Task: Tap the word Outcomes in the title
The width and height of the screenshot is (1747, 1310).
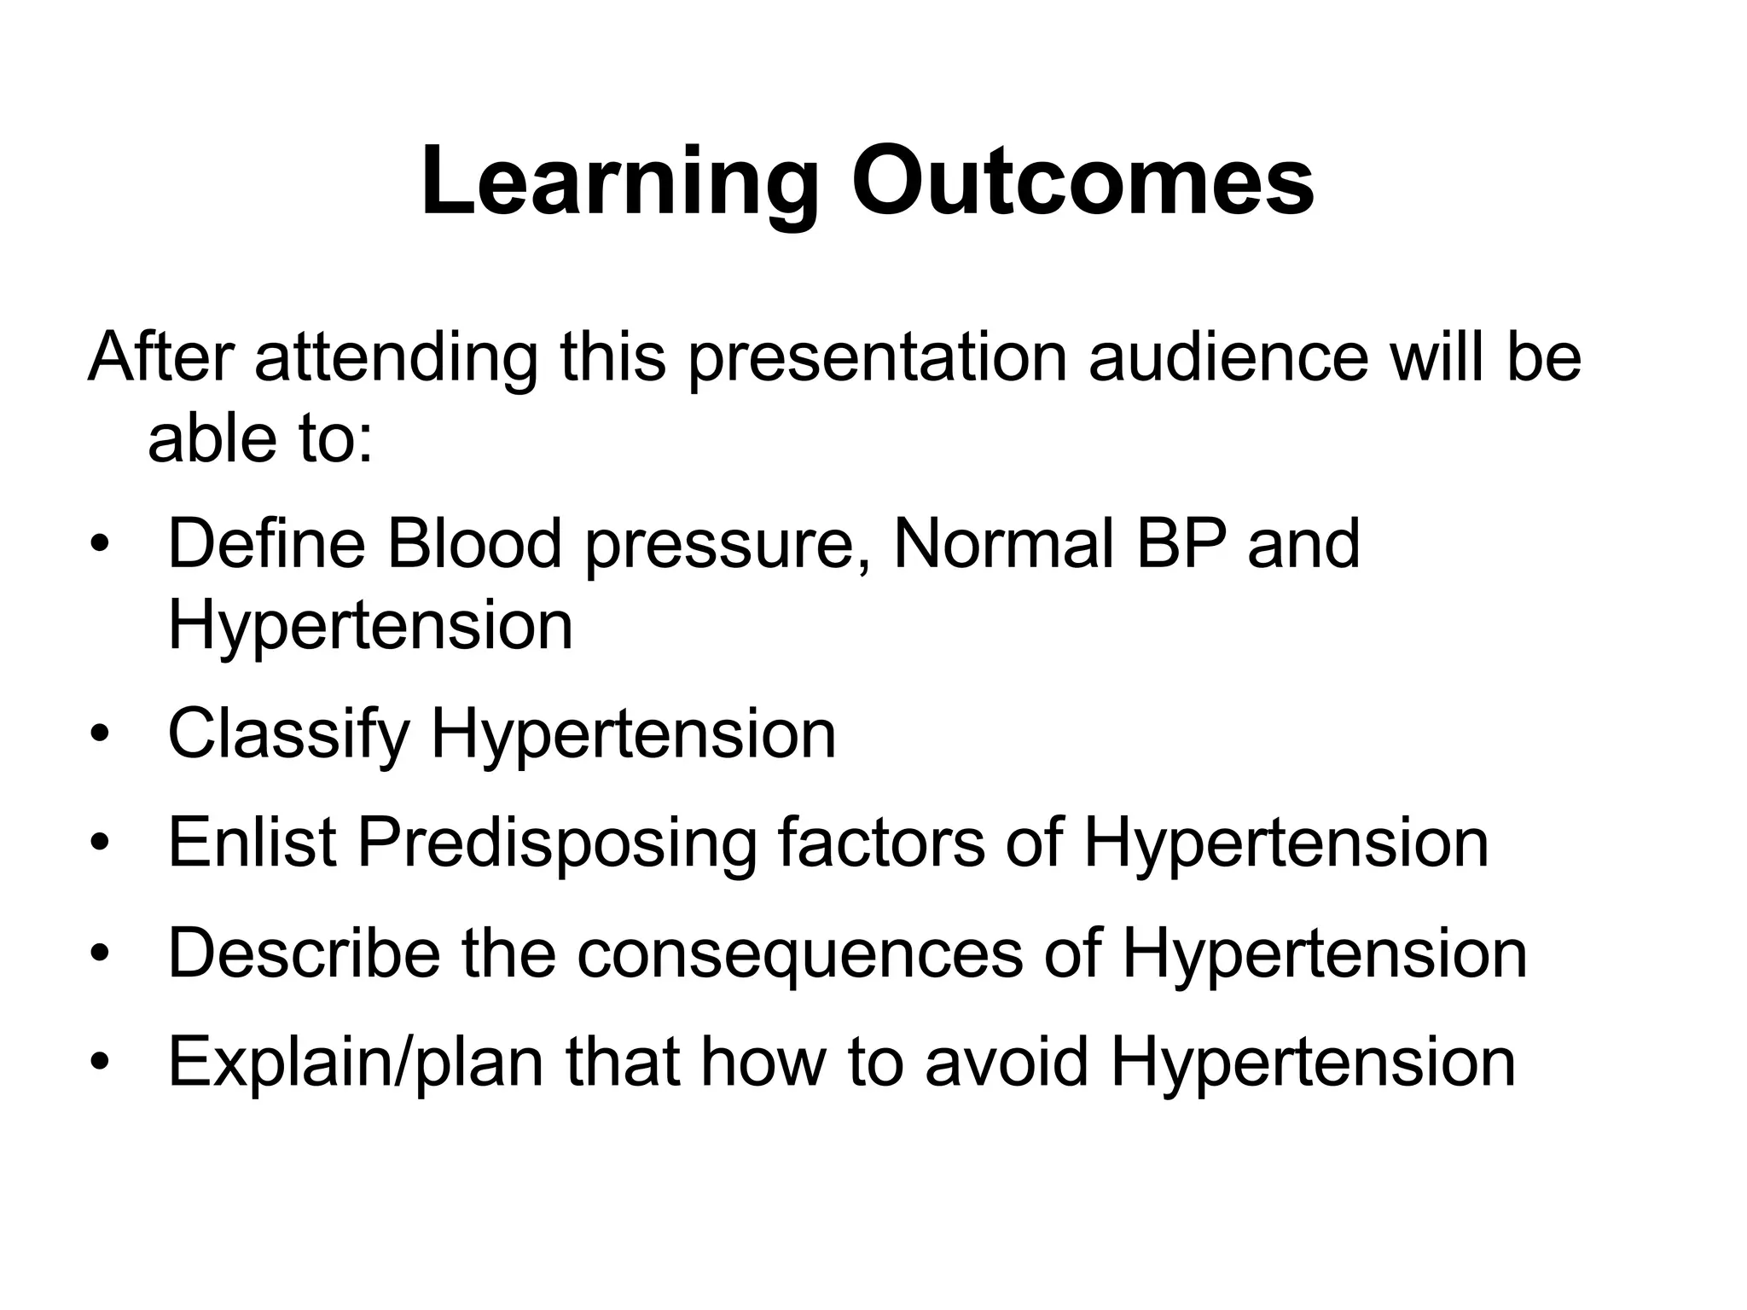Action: click(1082, 183)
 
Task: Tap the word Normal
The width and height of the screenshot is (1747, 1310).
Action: click(1004, 543)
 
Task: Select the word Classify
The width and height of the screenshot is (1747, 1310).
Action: click(288, 735)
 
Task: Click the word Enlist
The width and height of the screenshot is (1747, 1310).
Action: click(252, 843)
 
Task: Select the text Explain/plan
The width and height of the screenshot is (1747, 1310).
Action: click(356, 1063)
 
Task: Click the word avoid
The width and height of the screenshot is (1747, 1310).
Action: click(1007, 1061)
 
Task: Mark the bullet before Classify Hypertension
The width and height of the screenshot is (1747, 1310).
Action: click(101, 735)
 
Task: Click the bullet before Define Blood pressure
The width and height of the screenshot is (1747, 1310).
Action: click(101, 544)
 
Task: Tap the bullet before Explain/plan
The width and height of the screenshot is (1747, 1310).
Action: click(101, 1063)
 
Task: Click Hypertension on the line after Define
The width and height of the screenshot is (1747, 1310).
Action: click(370, 627)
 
